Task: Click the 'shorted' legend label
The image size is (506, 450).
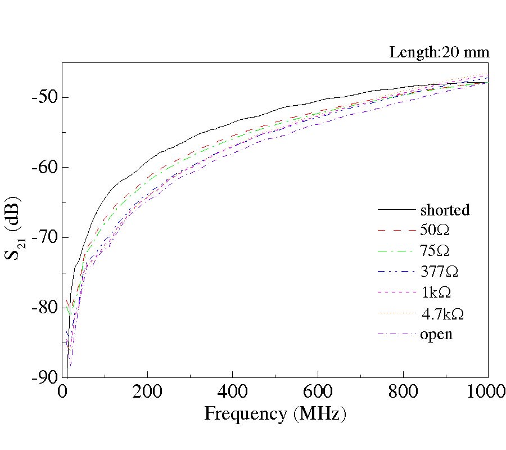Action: (x=444, y=210)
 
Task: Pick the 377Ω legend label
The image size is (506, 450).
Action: (x=439, y=272)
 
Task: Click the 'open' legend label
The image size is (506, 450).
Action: (x=436, y=334)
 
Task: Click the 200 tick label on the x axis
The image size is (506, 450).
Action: (x=147, y=392)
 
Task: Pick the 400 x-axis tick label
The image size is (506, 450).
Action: (x=233, y=392)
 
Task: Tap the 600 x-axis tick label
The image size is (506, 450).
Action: (x=318, y=392)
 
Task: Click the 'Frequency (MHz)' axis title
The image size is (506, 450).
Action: (x=274, y=414)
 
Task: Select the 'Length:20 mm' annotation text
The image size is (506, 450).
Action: (x=439, y=53)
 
